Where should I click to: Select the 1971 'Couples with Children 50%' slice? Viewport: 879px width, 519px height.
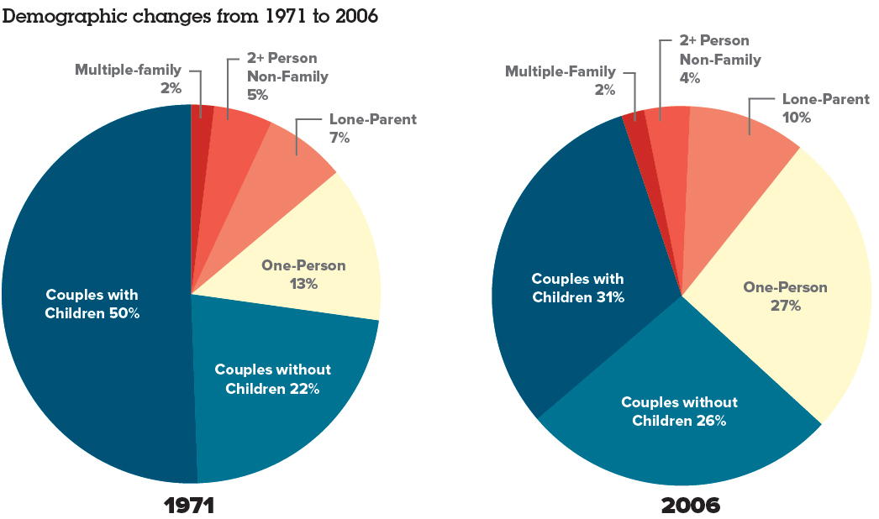pos(92,303)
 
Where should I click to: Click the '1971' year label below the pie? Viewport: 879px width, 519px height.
pos(189,506)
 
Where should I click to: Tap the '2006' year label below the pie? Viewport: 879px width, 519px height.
pos(691,506)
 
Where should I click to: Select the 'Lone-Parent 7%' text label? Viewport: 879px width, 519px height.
pos(373,128)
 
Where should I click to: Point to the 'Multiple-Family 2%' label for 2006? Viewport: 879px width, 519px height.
pos(560,80)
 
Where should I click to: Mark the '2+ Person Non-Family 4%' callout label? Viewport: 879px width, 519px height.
pos(719,59)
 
